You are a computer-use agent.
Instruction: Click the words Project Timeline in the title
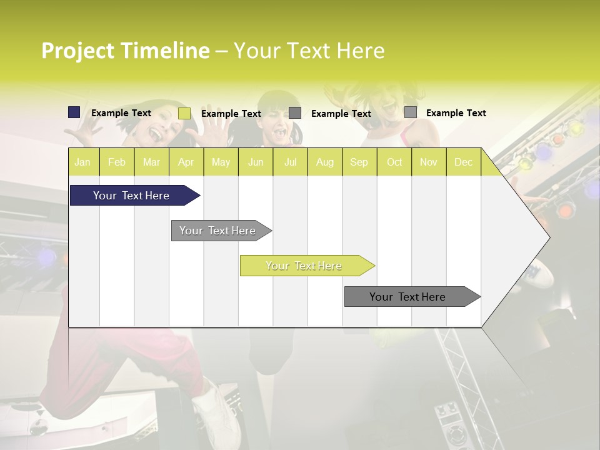point(125,51)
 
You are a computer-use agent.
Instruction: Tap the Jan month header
point(82,162)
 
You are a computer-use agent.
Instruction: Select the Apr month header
point(186,162)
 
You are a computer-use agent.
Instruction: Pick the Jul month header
point(290,162)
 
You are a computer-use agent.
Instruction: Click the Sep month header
point(359,162)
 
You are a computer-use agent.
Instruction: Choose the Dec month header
point(463,162)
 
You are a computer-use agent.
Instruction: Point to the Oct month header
point(394,162)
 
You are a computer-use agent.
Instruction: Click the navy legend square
point(74,112)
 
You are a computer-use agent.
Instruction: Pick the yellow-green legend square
point(184,113)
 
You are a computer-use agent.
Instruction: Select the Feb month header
point(117,162)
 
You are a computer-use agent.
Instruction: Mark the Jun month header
point(256,162)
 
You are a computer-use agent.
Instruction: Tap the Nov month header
point(429,162)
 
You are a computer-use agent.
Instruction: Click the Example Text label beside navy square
point(121,113)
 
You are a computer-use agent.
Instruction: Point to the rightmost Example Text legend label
point(456,113)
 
